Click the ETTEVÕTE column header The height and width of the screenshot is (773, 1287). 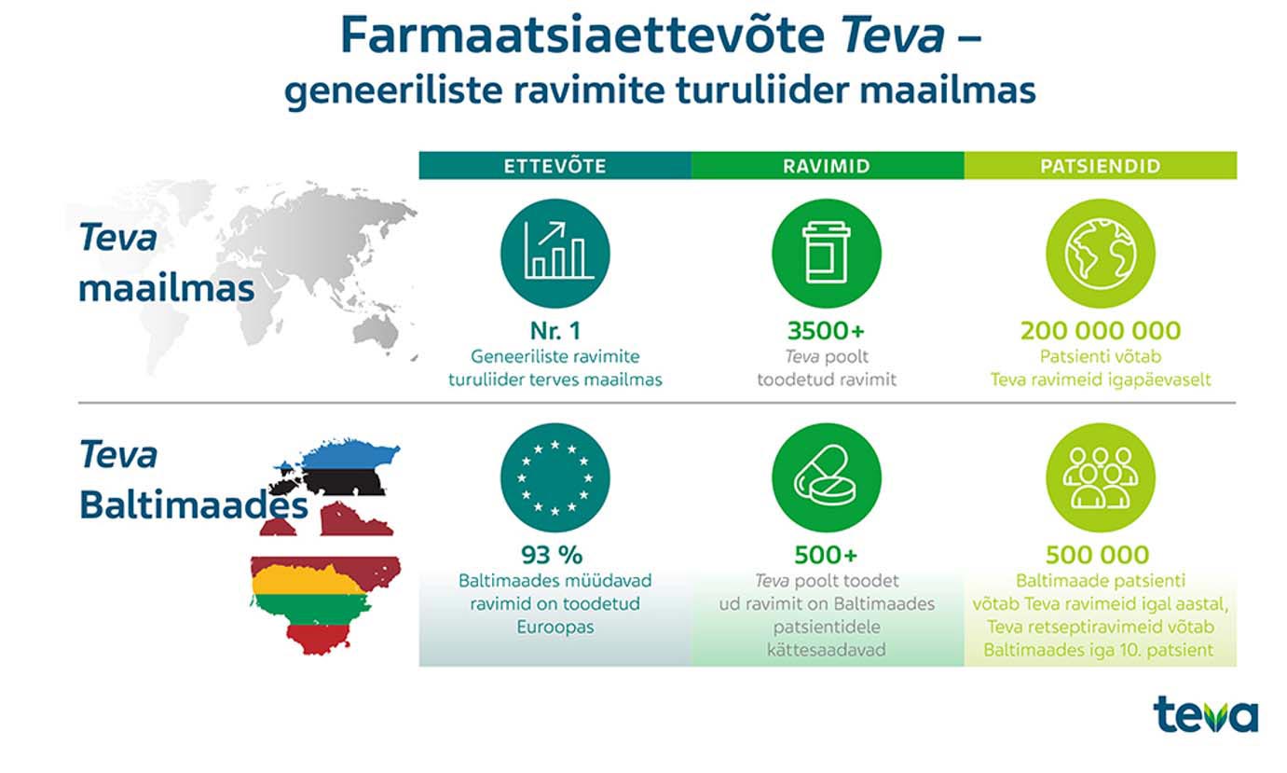555,166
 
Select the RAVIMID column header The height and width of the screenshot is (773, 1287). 828,166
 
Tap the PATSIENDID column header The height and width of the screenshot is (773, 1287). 1101,166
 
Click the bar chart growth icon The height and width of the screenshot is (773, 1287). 555,254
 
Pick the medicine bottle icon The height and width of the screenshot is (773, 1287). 827,254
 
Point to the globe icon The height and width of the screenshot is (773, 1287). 1101,254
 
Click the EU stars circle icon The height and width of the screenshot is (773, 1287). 555,477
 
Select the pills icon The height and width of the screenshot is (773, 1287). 827,477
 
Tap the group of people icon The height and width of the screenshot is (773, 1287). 1101,477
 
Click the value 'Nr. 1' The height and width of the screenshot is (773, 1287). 555,330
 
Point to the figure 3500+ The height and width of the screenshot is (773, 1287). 827,330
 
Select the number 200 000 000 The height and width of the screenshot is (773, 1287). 1101,330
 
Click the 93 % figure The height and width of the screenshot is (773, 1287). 552,555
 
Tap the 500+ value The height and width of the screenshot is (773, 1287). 827,555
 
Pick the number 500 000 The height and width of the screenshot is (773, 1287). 1098,555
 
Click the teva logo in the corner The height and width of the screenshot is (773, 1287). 1205,714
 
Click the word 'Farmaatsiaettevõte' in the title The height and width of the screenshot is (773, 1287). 583,35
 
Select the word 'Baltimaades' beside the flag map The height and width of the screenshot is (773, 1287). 194,504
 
